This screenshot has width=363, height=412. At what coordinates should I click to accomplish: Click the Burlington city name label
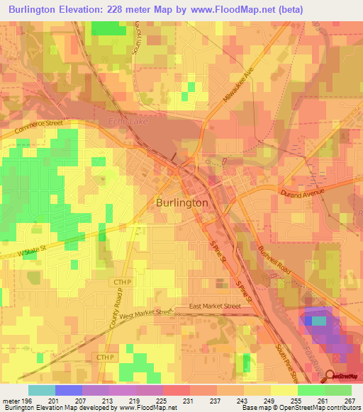pos(181,202)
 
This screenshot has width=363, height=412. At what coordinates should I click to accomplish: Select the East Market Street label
pos(215,306)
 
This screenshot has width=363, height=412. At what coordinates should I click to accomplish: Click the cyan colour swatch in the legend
pos(42,390)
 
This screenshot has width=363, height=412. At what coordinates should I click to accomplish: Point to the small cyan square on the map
pos(320,321)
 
